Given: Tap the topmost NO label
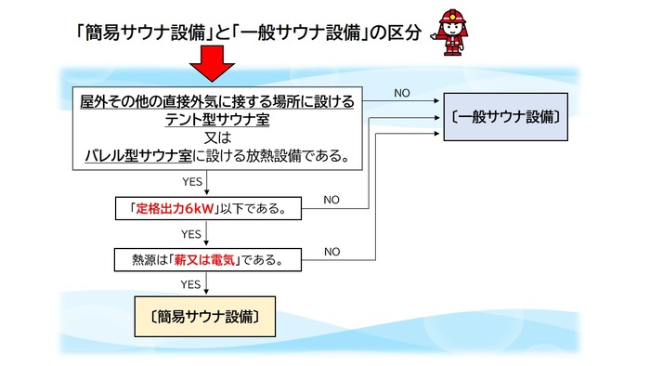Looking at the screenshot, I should tap(401, 94).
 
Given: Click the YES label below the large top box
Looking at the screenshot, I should tap(191, 183).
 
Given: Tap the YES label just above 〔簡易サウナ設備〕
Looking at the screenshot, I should tap(191, 284).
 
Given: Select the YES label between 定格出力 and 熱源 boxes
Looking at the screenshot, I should tap(191, 234).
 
